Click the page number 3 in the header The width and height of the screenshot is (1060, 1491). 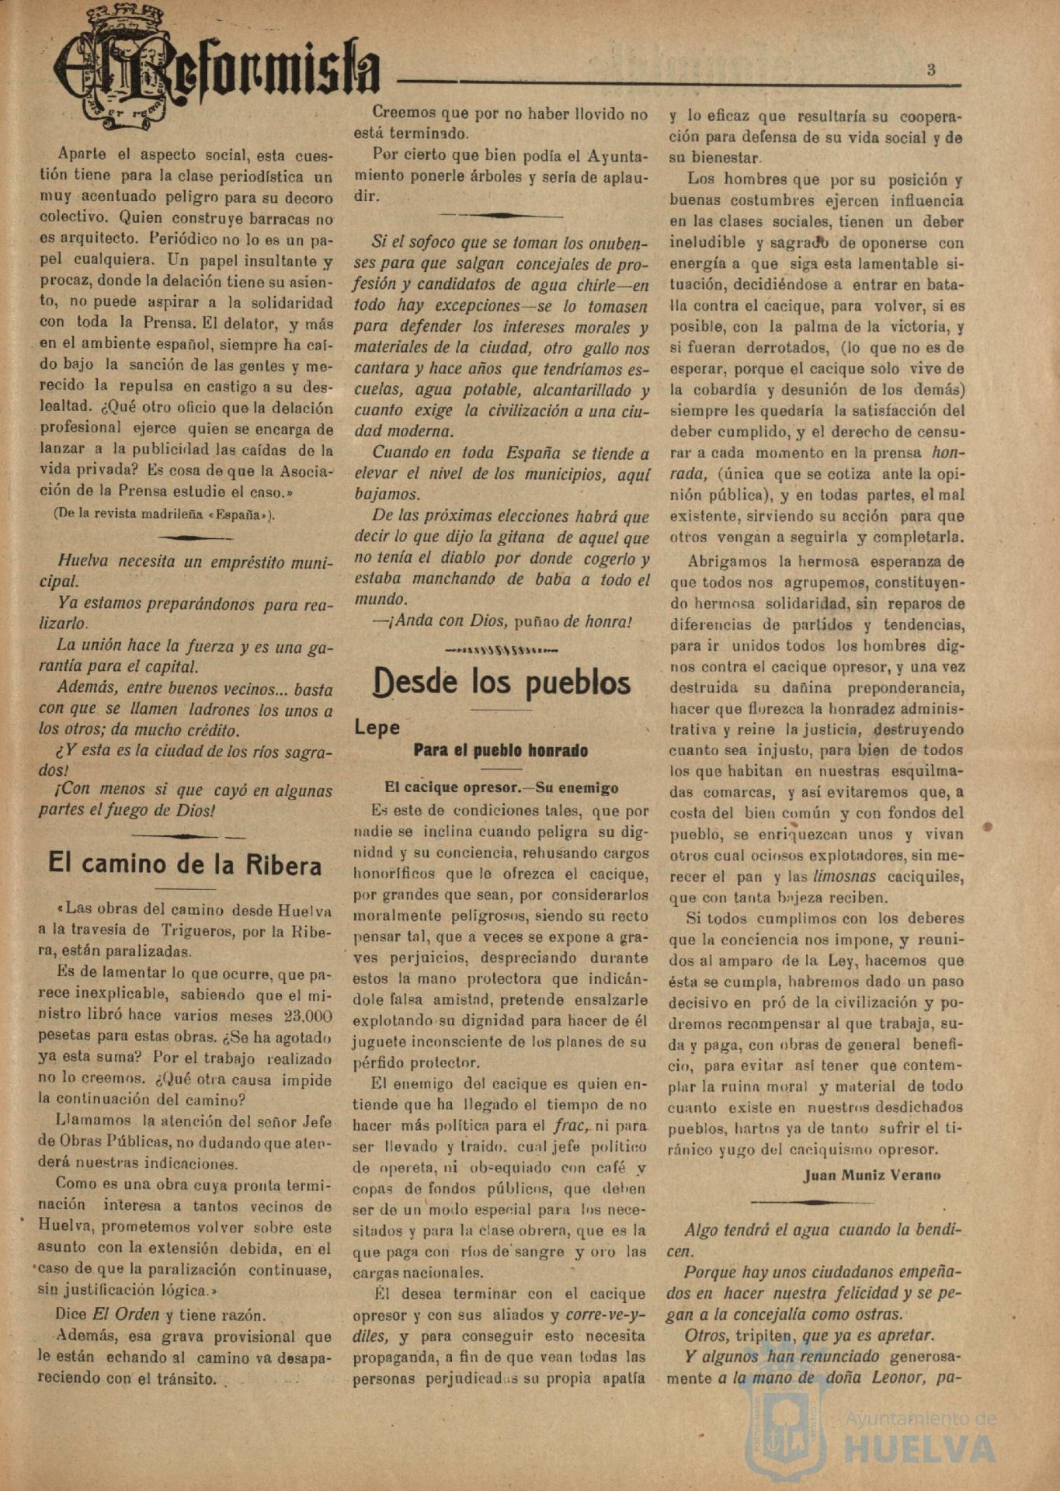tap(930, 69)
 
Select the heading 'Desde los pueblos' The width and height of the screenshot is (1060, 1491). tap(502, 682)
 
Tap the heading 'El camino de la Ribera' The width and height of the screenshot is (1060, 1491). tap(185, 864)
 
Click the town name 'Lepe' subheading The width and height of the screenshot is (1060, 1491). tap(377, 728)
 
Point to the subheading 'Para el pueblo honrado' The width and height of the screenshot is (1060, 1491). tap(500, 751)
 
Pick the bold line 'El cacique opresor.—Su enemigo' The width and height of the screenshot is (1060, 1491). tap(502, 787)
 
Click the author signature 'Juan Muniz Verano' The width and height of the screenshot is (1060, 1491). tap(871, 1175)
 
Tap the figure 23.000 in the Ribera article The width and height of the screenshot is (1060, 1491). tap(308, 1016)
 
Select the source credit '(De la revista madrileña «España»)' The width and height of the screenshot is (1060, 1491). tap(163, 513)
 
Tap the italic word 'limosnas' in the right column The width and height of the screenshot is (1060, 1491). tap(844, 876)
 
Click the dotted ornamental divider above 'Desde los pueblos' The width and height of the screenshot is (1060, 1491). tap(502, 649)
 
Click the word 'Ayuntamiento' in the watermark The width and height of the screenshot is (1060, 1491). tap(919, 1419)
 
